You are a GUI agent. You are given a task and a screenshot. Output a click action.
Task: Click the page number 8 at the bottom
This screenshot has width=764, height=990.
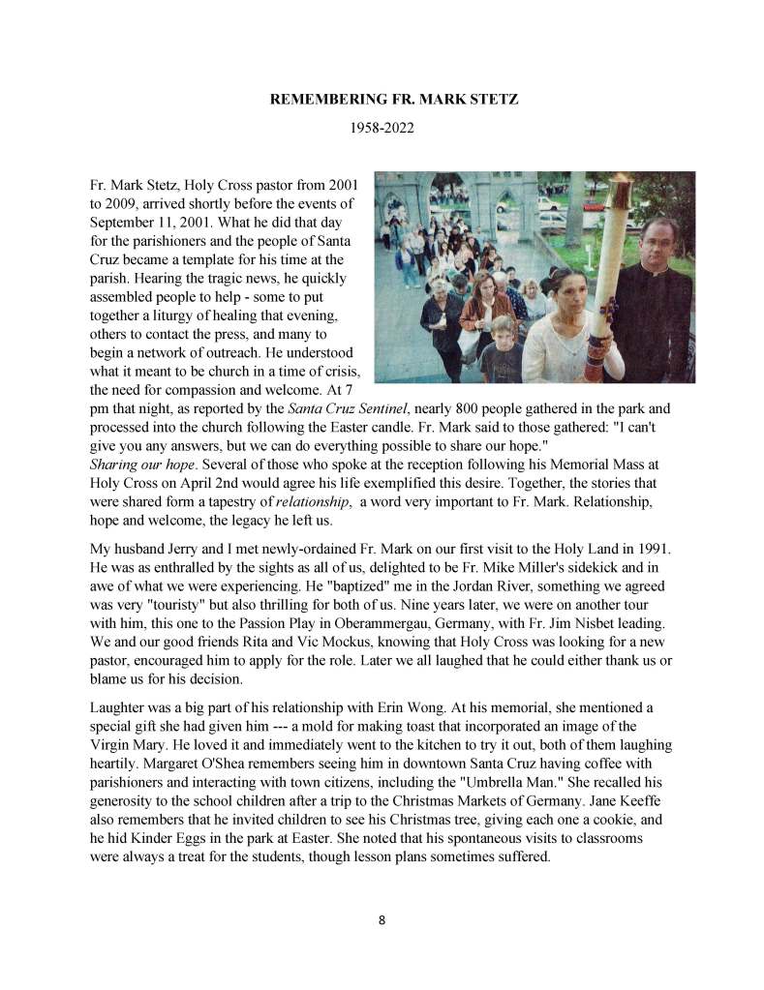(x=382, y=920)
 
